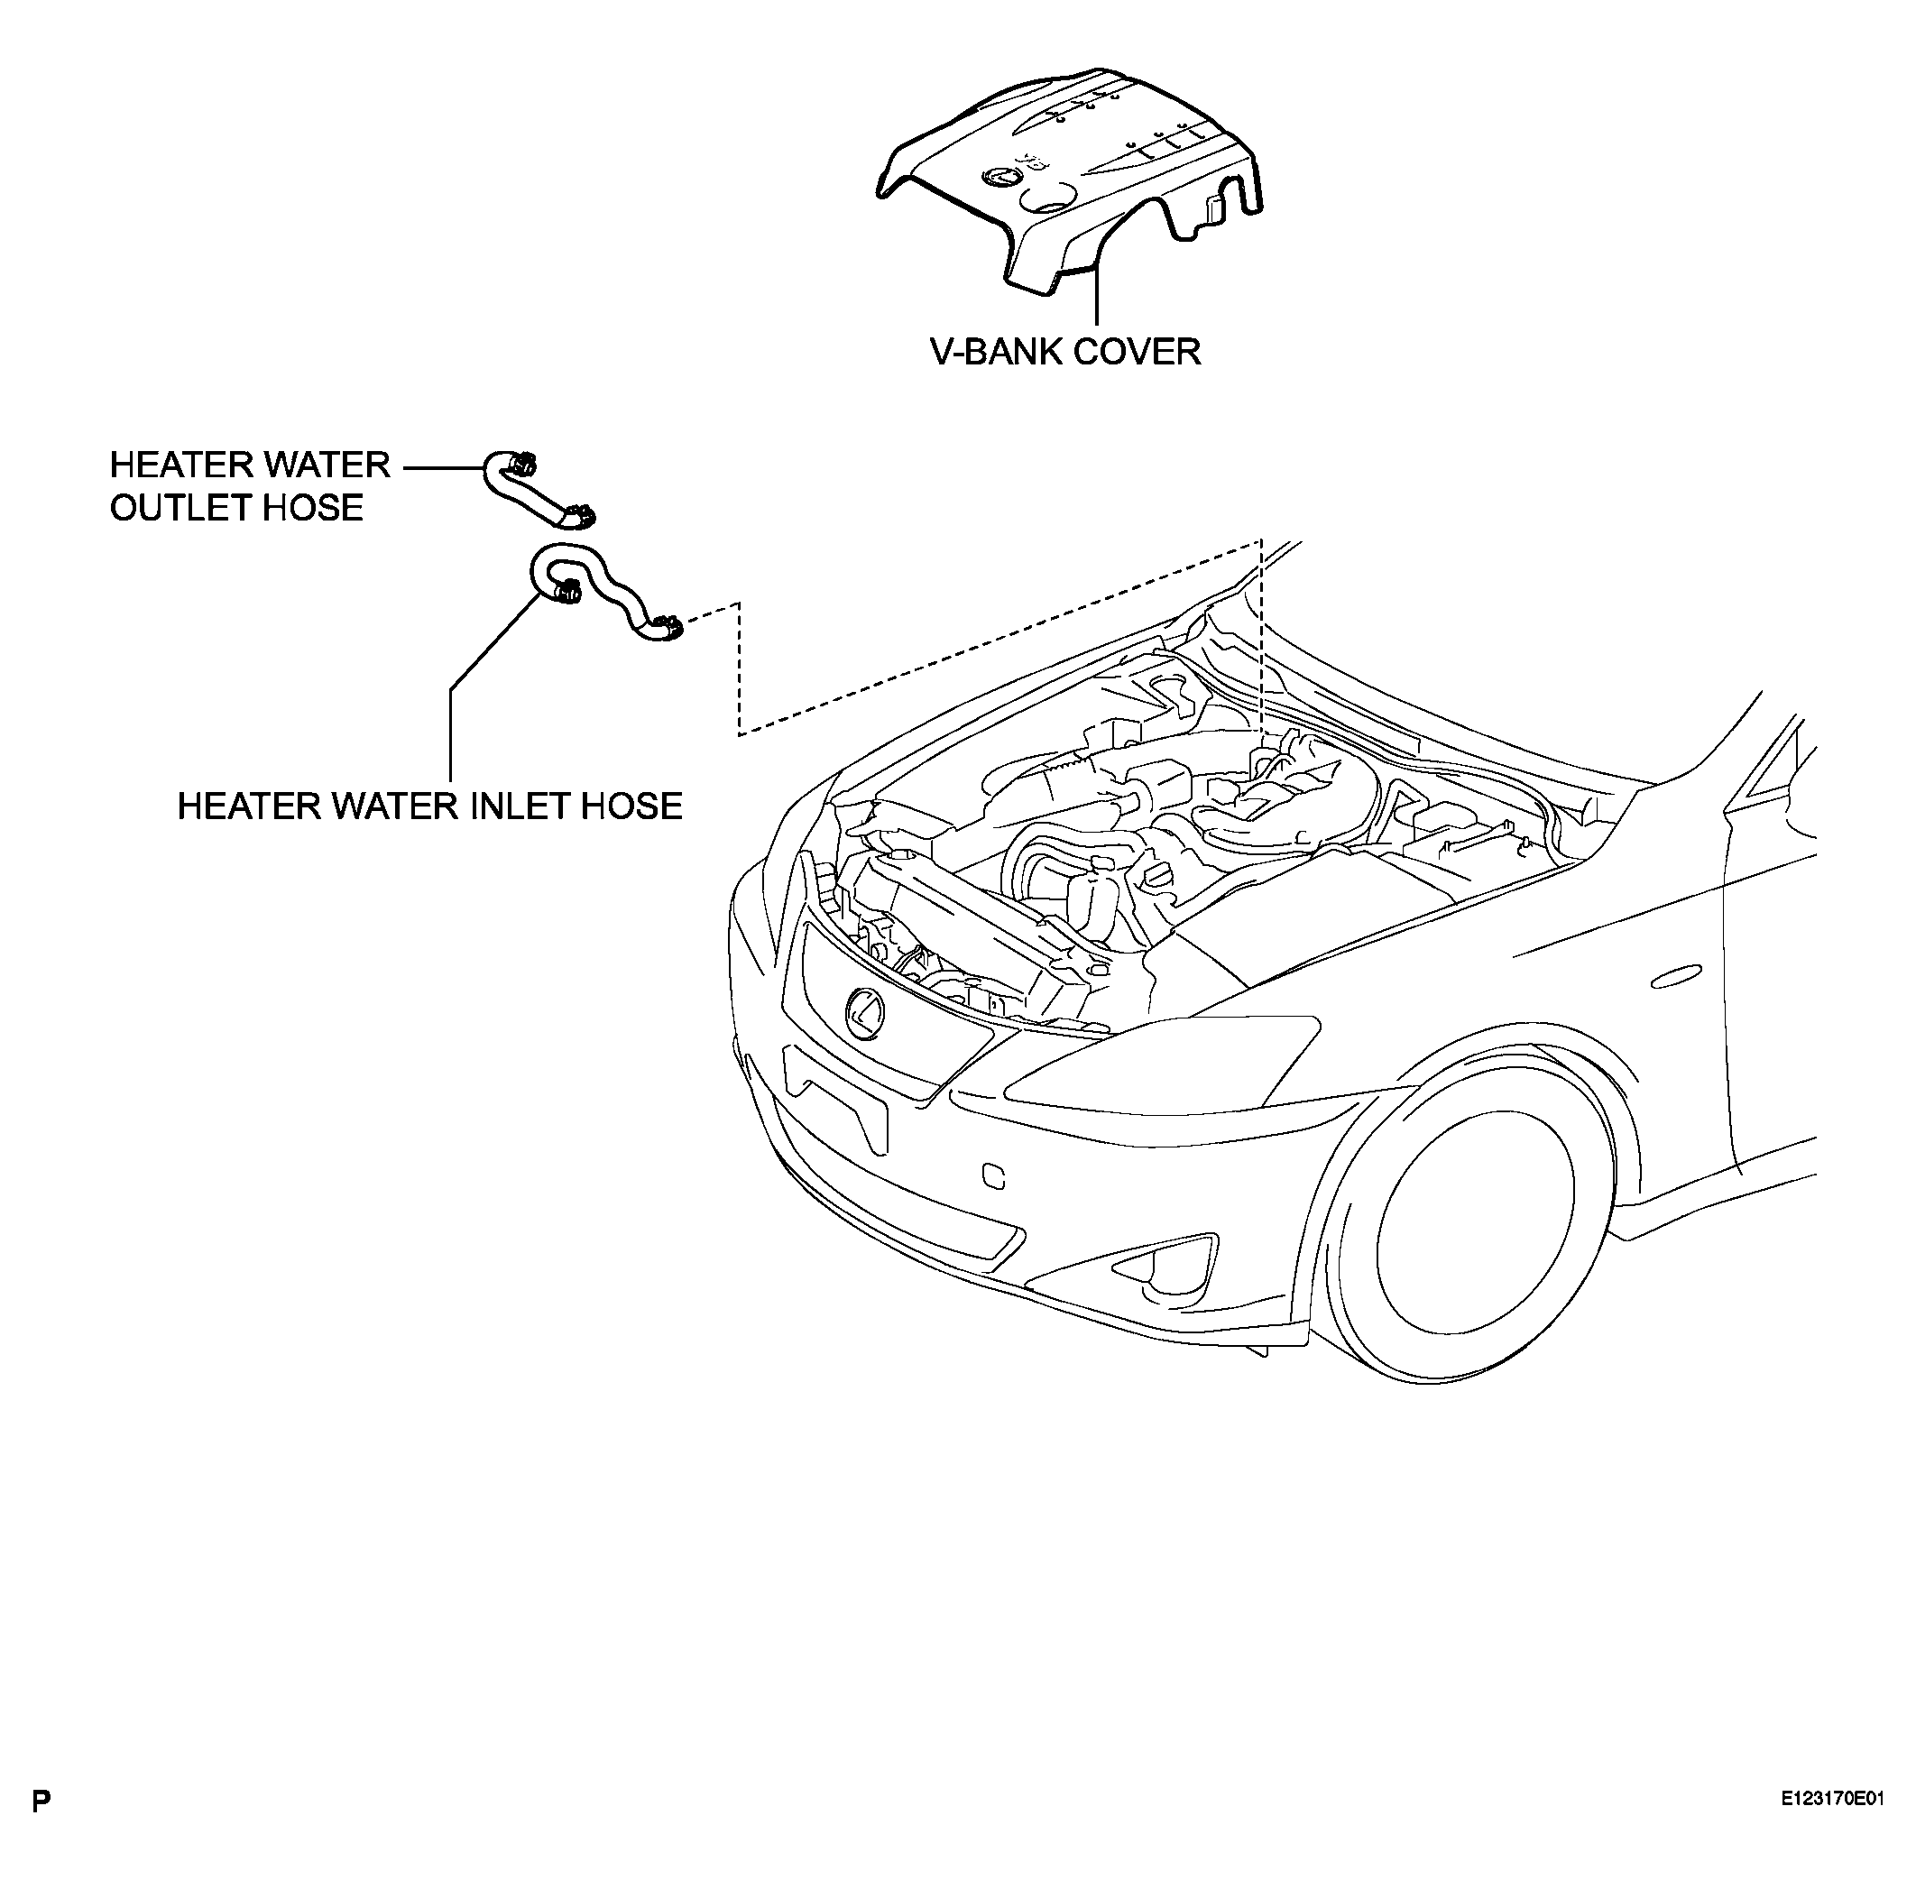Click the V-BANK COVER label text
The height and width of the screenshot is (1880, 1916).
click(x=1065, y=352)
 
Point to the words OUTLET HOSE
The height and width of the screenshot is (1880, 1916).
click(x=237, y=508)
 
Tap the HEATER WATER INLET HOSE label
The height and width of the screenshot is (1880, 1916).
click(x=429, y=806)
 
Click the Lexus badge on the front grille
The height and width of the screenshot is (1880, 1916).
click(x=865, y=1013)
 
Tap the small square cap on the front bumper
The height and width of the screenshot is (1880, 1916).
click(x=994, y=1176)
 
